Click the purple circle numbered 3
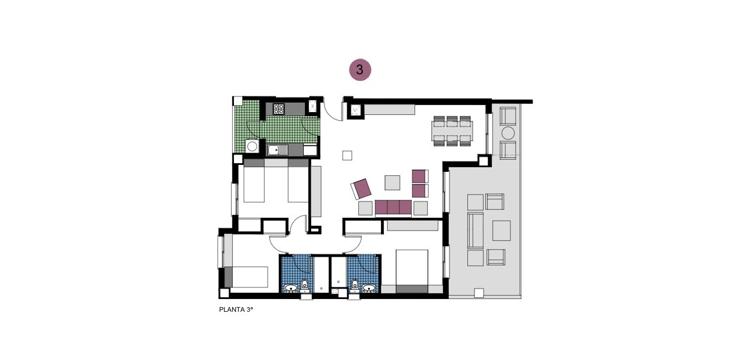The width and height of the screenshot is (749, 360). pos(359,70)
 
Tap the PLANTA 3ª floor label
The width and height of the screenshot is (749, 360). pos(236,310)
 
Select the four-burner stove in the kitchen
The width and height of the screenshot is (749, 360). pos(279,109)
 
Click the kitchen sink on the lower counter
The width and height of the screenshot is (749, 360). pos(278,150)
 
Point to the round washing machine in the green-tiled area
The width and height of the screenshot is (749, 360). pos(252,147)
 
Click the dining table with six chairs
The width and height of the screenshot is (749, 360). pos(452,131)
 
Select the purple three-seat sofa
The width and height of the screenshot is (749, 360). pos(393,207)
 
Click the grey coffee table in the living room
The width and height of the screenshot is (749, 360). pos(392,182)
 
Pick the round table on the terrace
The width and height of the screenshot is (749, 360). pos(508,133)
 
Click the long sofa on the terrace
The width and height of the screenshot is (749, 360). pos(475,230)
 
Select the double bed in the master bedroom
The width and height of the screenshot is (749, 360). pos(412,271)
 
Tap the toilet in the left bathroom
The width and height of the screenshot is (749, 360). pos(304,285)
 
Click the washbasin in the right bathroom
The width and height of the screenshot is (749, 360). pos(369,287)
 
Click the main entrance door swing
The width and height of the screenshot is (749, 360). pos(333,111)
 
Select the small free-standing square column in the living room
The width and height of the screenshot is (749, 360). pos(347,155)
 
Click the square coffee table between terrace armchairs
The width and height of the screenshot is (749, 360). pos(501,231)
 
